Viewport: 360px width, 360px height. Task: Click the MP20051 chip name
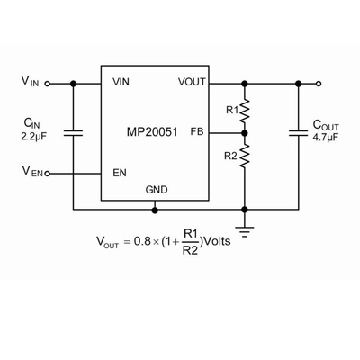152,132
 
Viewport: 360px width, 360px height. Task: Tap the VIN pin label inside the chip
121,82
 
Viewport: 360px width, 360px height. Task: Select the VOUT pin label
192,82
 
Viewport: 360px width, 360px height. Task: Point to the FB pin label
197,131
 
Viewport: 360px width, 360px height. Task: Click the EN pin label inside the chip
120,173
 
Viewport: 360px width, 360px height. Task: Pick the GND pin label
157,190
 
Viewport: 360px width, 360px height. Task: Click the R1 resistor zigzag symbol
245,111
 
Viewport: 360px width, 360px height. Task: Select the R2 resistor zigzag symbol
245,156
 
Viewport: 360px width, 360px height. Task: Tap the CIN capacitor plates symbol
73,133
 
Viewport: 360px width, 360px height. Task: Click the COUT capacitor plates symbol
298,133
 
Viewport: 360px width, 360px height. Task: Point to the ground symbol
245,231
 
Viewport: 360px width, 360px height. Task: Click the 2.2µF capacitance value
34,137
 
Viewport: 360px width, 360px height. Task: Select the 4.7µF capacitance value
326,137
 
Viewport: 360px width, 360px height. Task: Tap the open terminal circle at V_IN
47,84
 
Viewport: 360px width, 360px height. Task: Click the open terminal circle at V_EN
48,174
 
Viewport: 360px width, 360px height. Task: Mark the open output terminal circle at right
319,84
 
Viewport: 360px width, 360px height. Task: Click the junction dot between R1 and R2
245,133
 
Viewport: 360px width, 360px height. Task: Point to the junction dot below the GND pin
155,210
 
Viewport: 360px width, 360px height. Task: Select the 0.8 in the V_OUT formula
142,241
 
